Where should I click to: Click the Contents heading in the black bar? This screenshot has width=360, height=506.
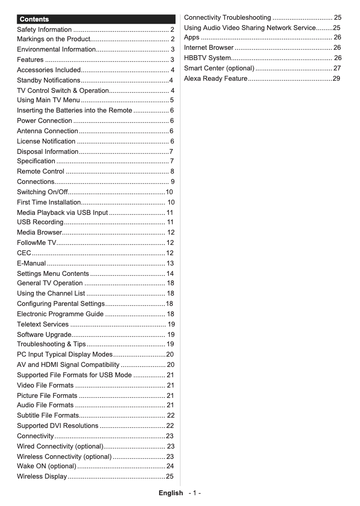[34, 19]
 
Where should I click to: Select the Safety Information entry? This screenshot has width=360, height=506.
[44, 30]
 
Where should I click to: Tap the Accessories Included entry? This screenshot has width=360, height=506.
[48, 70]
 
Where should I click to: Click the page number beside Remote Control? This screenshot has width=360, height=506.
[172, 171]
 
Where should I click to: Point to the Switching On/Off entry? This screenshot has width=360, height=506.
[42, 192]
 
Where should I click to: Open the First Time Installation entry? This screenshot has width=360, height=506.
[48, 202]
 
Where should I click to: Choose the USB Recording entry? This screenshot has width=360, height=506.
[40, 222]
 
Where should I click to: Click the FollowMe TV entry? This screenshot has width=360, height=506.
[36, 243]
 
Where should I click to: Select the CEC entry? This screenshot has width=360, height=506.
[24, 253]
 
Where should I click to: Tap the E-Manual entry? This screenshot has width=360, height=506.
[31, 263]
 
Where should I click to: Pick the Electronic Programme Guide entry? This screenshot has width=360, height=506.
[60, 314]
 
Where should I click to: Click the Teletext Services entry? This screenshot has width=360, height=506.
[43, 324]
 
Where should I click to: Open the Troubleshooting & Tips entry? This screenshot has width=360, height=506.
[51, 344]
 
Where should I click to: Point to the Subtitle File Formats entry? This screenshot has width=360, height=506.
[48, 415]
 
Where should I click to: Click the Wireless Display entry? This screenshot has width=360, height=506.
[42, 476]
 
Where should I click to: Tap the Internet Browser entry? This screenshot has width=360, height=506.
[209, 48]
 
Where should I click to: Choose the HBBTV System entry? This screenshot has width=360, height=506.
[207, 58]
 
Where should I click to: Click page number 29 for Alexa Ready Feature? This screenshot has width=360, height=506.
[336, 79]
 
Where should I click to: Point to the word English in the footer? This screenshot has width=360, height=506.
[171, 493]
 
